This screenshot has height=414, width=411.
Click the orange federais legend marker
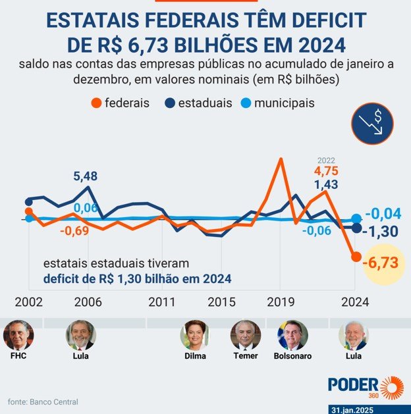[96, 103]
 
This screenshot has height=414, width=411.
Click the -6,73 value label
[381, 263]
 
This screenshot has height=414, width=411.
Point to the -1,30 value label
[382, 232]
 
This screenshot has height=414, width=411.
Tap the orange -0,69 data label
[74, 231]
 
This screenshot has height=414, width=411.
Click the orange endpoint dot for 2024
[356, 257]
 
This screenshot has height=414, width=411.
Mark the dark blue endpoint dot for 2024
[356, 228]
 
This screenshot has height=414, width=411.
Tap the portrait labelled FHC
[18, 335]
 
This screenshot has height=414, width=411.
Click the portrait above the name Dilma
[195, 335]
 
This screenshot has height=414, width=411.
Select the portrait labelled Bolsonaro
[292, 335]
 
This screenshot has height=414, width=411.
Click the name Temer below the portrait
[245, 356]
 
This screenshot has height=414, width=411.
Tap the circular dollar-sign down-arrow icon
[372, 123]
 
